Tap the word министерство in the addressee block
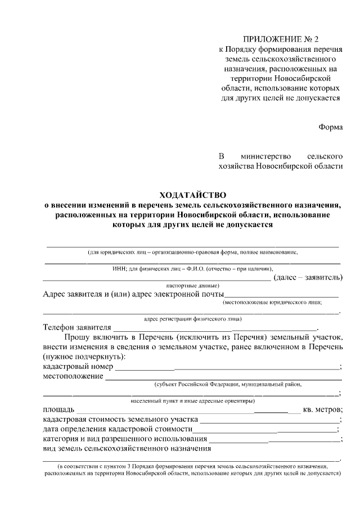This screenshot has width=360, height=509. tap(264, 156)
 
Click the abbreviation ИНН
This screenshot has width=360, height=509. tap(119, 269)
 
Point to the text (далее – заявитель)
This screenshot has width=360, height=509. tap(307, 277)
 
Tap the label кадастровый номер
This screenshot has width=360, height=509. tap(78, 367)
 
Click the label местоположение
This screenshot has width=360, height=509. tap(73, 376)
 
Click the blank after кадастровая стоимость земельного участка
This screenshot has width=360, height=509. tap(269, 420)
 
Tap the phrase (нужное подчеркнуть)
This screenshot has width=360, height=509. tap(84, 357)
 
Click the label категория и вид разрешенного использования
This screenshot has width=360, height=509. tap(124, 439)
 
